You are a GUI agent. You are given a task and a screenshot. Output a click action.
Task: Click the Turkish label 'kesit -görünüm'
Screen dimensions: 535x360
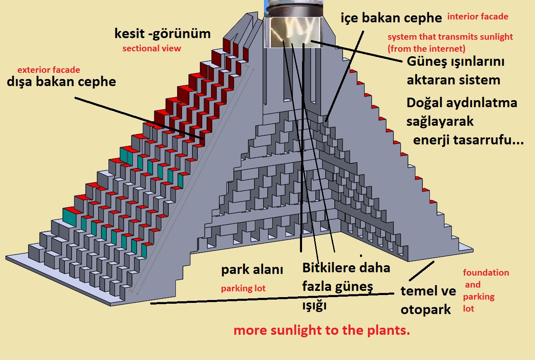(162, 34)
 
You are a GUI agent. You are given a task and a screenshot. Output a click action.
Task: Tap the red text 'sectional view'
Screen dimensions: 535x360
(151, 48)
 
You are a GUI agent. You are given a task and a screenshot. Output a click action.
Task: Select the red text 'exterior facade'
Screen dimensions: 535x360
(48, 70)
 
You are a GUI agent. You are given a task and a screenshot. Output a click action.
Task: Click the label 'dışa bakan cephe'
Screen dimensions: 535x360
(61, 82)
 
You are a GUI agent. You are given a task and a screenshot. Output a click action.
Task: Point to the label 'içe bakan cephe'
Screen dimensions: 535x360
(391, 18)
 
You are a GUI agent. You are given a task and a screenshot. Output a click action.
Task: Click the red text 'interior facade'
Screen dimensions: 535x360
(477, 17)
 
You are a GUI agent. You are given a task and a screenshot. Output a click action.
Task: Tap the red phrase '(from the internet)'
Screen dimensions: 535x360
(426, 49)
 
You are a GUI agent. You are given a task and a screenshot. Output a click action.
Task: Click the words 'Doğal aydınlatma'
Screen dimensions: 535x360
(462, 102)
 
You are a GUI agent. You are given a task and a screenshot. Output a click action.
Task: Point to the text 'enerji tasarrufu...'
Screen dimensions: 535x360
(468, 140)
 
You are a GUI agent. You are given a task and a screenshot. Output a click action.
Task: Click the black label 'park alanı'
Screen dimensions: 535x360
(252, 270)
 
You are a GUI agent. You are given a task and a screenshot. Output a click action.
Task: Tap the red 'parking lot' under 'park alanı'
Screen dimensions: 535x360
(243, 288)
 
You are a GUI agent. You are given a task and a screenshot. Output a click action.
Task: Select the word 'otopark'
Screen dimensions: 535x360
(425, 310)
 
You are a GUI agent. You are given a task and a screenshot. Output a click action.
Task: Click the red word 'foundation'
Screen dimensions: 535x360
(486, 273)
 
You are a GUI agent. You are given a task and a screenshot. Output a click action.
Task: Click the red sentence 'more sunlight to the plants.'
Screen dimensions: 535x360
(321, 331)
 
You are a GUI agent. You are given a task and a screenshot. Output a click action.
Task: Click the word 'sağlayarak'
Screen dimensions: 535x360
(440, 122)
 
